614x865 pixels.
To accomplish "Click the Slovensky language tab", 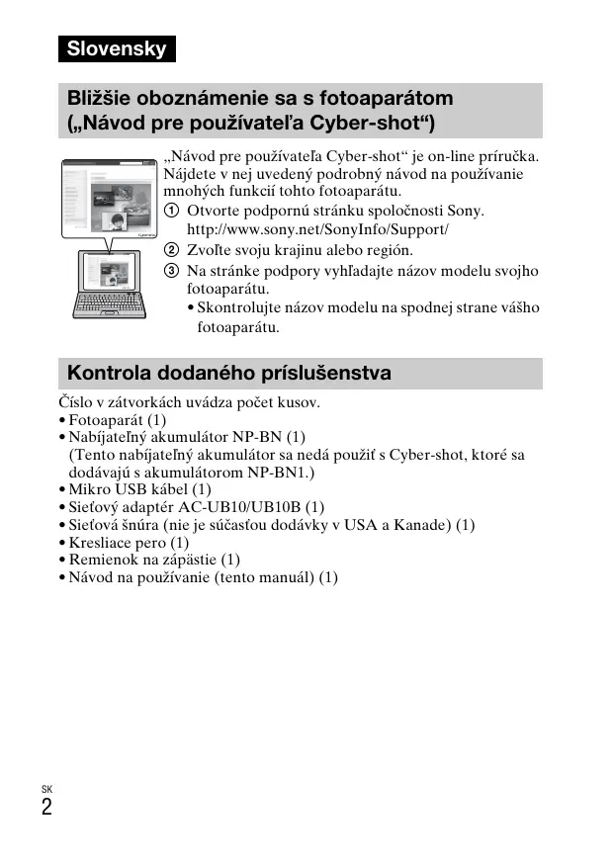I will tap(116, 48).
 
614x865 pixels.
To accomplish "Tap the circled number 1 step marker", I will tap(172, 212).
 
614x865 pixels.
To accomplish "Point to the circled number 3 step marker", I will tap(172, 270).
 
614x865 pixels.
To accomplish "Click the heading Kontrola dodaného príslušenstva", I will tap(228, 374).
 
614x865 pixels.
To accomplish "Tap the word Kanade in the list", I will tap(422, 524).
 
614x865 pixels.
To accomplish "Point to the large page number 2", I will tap(47, 807).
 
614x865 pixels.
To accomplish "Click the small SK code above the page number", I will tap(46, 788).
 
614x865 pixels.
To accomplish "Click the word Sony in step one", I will tap(465, 212).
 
